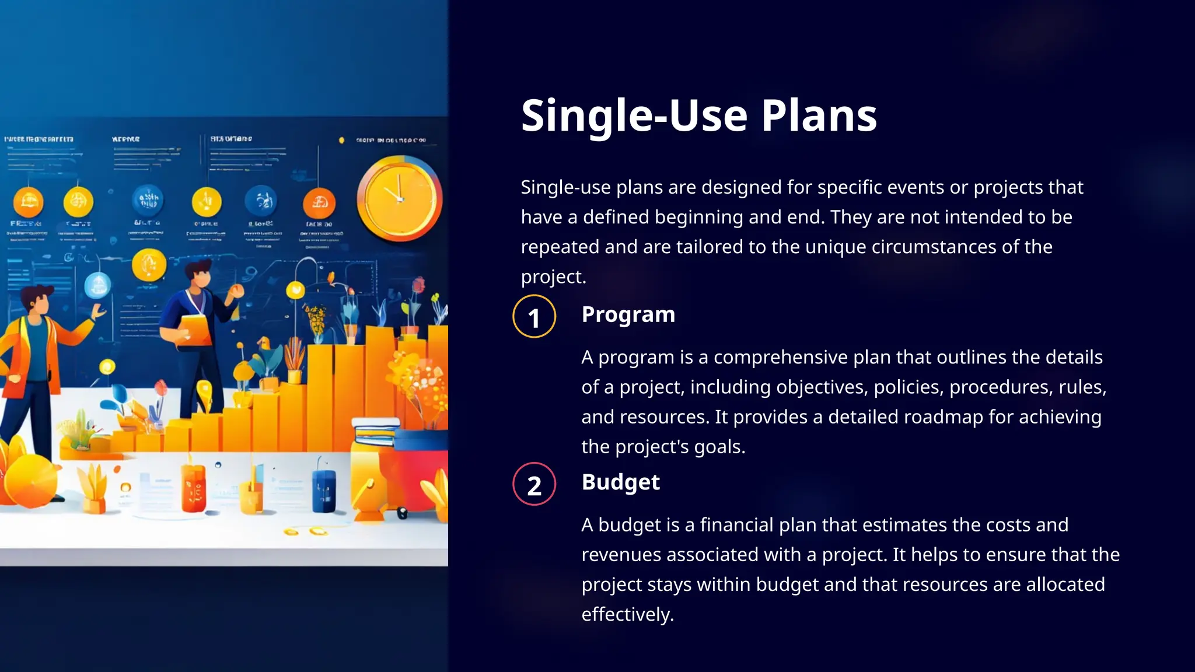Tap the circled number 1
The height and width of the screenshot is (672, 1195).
point(534,317)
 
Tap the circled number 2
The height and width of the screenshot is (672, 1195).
point(534,484)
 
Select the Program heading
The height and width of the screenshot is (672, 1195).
point(628,314)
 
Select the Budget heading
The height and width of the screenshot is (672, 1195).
point(620,482)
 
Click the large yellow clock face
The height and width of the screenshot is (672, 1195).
point(399,198)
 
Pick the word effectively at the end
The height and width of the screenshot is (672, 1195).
point(627,614)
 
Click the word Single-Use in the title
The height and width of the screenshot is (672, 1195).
point(634,115)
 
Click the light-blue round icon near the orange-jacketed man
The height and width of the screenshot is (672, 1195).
point(97,286)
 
